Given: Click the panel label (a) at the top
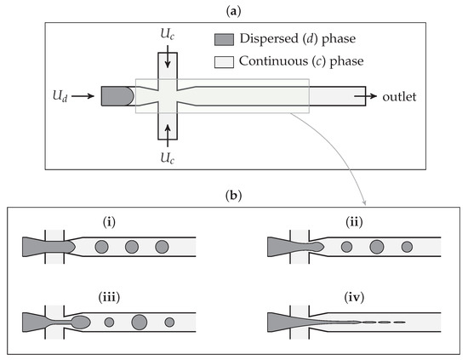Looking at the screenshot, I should [x=234, y=8].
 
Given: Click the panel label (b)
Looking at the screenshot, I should [x=234, y=194].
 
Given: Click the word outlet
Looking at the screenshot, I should [x=400, y=97].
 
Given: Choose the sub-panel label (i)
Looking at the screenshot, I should [x=109, y=223].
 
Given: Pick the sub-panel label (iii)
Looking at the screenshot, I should [x=109, y=298].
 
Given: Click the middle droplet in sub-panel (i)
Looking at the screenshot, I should [x=131, y=248].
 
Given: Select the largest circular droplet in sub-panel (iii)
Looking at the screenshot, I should [x=140, y=323].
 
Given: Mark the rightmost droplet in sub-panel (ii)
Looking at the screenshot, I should [x=407, y=248].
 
